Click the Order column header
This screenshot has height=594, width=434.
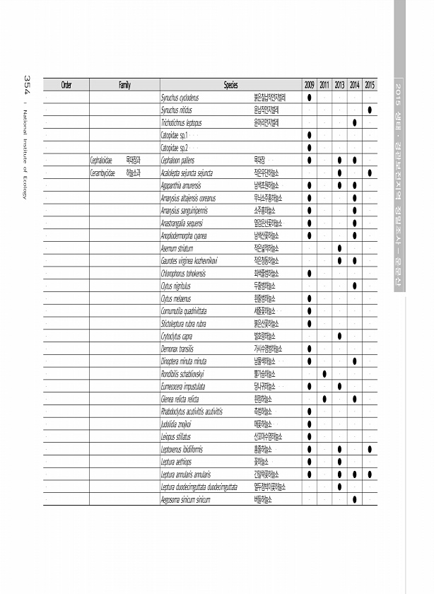(66, 85)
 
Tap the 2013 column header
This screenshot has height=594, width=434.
(340, 85)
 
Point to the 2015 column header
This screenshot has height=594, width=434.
(370, 85)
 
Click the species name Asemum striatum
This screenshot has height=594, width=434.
(177, 248)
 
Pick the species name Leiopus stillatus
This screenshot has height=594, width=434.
(177, 437)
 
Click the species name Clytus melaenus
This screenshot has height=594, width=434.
(177, 298)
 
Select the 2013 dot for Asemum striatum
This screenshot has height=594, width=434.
(340, 248)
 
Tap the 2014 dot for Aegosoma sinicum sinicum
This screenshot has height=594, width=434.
(355, 500)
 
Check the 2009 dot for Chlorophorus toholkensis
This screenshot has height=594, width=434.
(310, 273)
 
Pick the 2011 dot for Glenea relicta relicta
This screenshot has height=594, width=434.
(324, 399)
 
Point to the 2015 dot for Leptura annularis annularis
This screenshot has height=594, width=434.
(370, 474)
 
